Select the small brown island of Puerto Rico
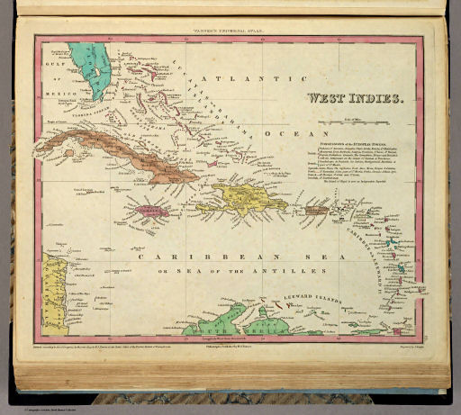(x=314, y=211)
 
